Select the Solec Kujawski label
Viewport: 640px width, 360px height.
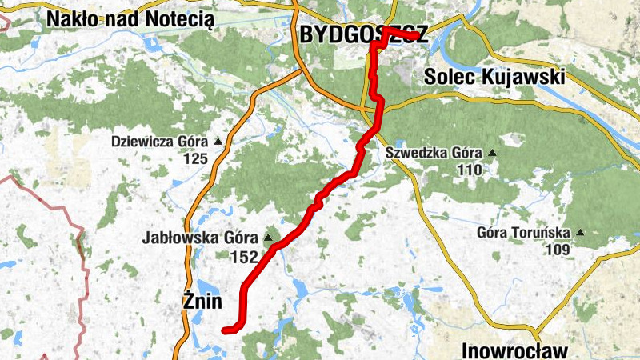[494, 78]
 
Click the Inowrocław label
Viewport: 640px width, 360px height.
[514, 350]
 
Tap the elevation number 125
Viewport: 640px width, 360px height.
[194, 159]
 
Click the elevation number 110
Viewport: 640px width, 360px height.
[470, 170]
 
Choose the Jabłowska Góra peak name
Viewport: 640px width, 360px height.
[200, 238]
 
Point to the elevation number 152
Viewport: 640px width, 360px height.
[243, 257]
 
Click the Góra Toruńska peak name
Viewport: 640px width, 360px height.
[523, 234]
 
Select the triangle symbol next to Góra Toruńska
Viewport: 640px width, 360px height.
[580, 234]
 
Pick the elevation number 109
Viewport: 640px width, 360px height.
[558, 250]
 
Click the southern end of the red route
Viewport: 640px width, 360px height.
[225, 329]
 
